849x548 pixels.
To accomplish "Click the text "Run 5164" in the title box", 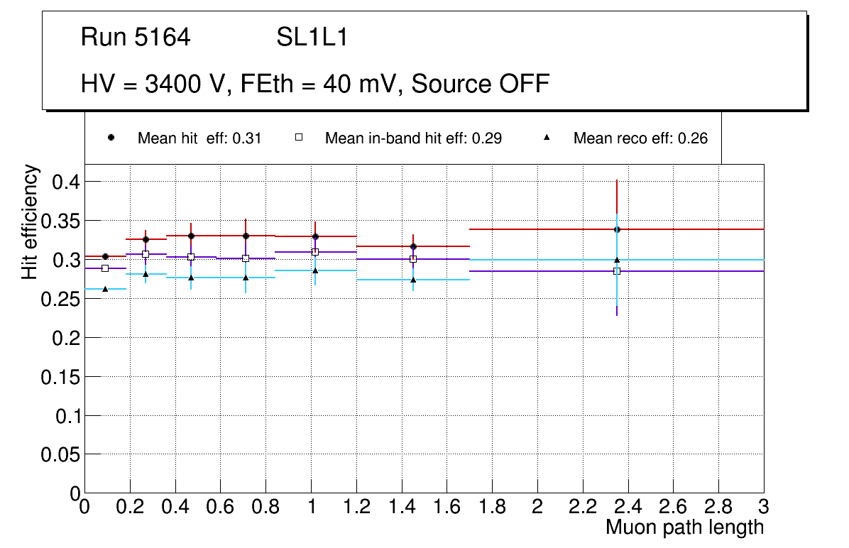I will click(136, 38).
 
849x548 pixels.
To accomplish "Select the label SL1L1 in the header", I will click(312, 38).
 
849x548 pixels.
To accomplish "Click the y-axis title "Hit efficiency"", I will click(31, 221).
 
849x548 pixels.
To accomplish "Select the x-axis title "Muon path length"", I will click(684, 527).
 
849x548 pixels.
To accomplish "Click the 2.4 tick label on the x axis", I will click(628, 507).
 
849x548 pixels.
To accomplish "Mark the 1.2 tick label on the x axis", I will click(356, 507).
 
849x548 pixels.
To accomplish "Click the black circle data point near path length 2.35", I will click(617, 229).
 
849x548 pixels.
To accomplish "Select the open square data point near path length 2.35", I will click(617, 271).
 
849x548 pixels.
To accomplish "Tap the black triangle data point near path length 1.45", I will click(413, 280).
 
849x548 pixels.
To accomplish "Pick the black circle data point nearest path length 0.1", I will click(105, 256).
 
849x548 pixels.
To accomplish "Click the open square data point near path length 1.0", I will click(315, 252).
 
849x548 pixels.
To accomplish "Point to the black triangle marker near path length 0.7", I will click(246, 278).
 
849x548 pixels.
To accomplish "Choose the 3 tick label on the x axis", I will click(764, 507).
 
